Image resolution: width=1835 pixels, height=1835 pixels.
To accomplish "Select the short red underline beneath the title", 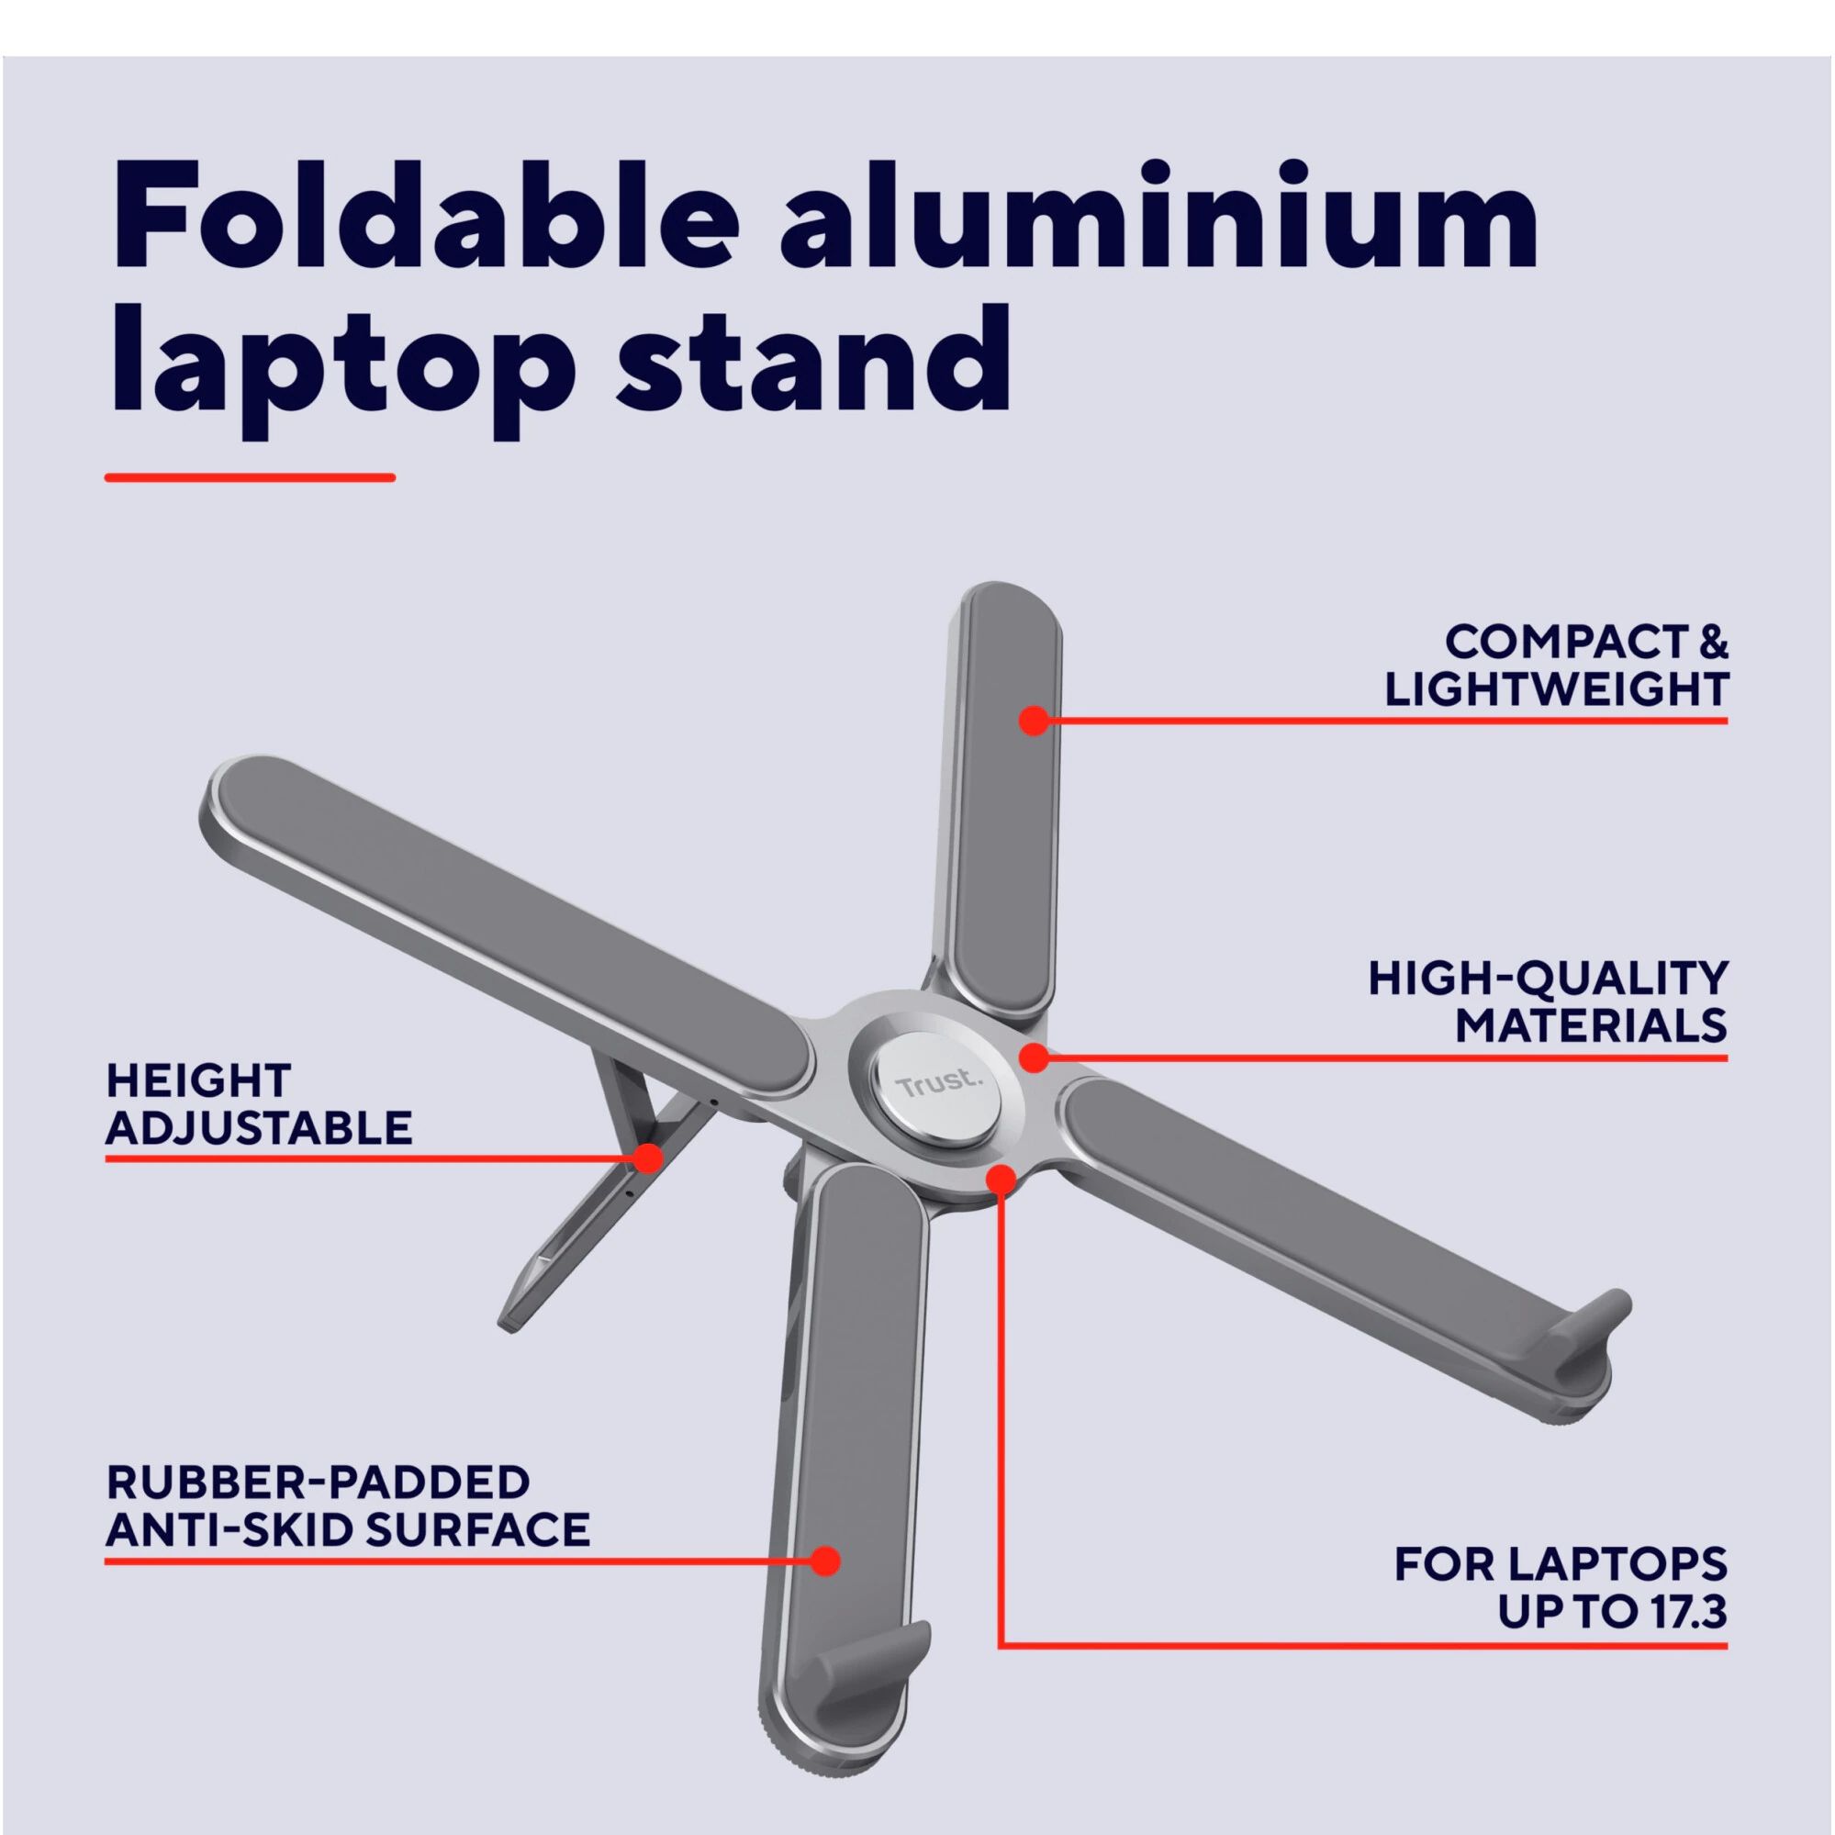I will [x=250, y=477].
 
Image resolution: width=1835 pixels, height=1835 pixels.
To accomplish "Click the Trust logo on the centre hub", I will [x=935, y=1084].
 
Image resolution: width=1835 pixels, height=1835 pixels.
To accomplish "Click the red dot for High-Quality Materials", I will [x=1035, y=1057].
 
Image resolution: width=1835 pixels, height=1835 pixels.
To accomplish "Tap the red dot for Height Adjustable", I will [x=649, y=1158].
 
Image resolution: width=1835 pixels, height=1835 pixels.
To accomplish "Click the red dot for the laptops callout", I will [x=1001, y=1180].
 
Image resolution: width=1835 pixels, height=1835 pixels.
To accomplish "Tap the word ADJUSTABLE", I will [x=259, y=1127].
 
